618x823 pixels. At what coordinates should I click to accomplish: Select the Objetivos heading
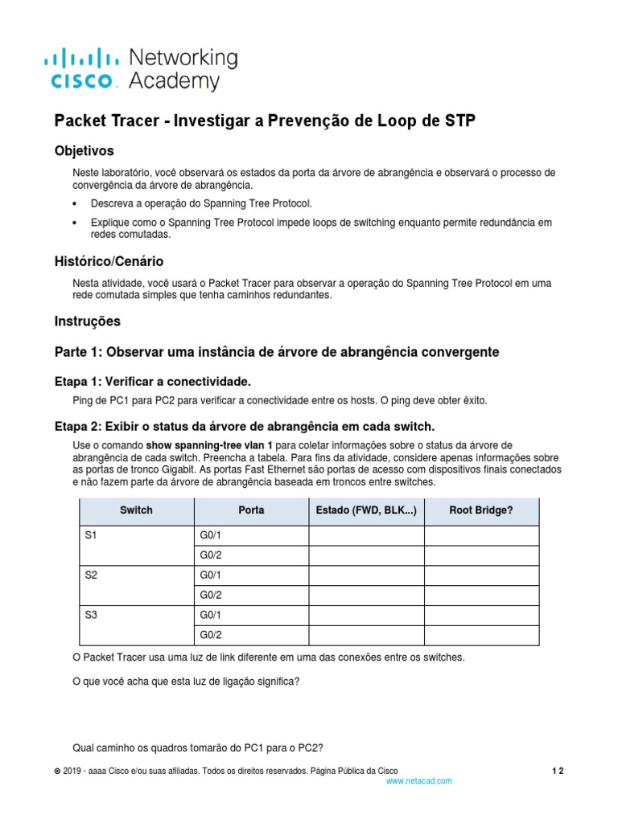[x=84, y=150]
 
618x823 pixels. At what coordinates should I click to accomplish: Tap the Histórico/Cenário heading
[x=109, y=261]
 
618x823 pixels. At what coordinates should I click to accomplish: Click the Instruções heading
[x=87, y=321]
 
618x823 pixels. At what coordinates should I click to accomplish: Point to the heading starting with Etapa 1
[x=158, y=381]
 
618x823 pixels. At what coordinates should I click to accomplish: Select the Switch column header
[x=136, y=510]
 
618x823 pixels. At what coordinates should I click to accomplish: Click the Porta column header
[x=251, y=510]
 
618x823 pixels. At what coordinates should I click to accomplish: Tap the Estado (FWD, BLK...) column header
[x=366, y=510]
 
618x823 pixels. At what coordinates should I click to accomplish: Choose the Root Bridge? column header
[x=481, y=510]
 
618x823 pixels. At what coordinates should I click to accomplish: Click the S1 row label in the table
[x=90, y=535]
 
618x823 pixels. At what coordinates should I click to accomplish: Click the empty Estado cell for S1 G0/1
[x=366, y=535]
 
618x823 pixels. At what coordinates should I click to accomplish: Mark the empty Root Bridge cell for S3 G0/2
[x=481, y=636]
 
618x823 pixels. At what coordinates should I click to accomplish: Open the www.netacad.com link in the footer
[x=418, y=780]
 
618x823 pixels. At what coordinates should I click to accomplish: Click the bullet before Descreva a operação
[x=76, y=203]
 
